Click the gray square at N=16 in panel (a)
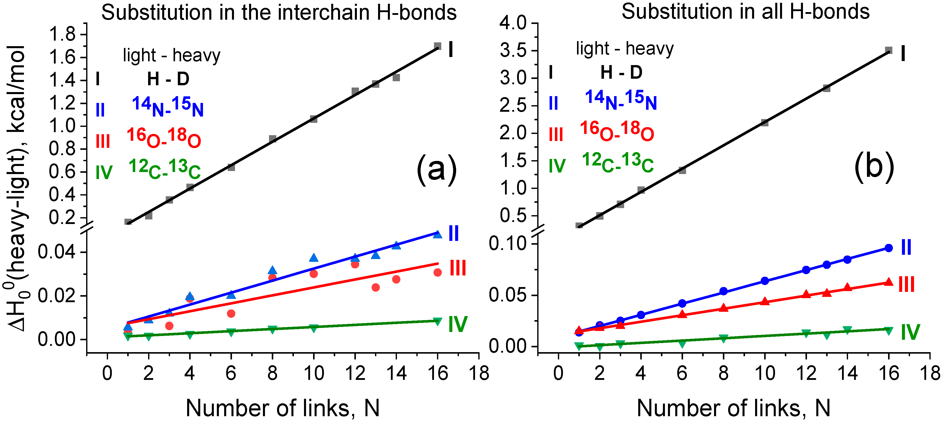[437, 46]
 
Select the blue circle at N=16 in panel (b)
[889, 248]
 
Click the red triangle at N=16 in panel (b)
[889, 282]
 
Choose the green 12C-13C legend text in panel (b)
[618, 162]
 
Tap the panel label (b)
[874, 167]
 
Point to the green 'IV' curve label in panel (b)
[910, 332]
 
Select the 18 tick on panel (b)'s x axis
[930, 374]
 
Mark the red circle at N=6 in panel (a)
[231, 313]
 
